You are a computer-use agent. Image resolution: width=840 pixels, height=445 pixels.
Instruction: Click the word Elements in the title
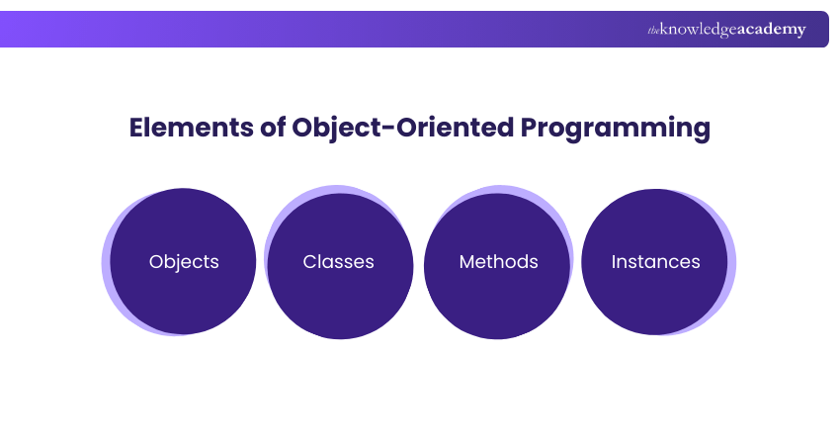192,128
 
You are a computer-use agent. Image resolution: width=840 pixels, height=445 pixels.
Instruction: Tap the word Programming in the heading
615,130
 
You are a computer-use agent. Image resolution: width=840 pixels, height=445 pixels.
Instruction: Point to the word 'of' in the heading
273,127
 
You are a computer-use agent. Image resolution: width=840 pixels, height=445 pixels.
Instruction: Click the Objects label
184,262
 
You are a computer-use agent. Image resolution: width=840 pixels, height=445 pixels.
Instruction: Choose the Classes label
339,262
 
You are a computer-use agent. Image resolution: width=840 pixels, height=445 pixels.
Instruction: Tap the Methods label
498,262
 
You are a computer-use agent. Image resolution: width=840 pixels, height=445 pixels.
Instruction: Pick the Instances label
656,262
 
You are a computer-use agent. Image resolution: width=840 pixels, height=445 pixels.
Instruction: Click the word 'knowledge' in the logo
699,30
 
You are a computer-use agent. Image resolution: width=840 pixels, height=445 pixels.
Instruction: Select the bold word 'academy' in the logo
772,30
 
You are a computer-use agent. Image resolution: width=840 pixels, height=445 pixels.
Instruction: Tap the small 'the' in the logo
653,31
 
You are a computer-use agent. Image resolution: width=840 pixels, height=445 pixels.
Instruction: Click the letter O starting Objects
155,262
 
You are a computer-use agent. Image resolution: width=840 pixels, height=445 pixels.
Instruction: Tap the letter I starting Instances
614,262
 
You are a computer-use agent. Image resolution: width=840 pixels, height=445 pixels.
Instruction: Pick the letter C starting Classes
309,262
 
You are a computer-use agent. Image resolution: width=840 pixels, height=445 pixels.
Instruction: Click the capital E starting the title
136,128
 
